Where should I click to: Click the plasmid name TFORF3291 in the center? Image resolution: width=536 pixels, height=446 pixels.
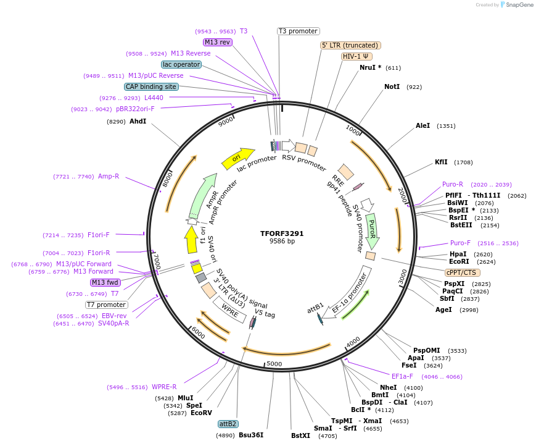point(281,234)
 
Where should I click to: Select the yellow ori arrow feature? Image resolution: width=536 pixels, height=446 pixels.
point(237,158)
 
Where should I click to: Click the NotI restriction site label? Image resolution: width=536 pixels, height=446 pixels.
point(392,87)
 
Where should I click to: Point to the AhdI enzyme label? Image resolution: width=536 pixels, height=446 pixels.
point(138,121)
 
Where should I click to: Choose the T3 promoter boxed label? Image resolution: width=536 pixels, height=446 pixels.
point(299,31)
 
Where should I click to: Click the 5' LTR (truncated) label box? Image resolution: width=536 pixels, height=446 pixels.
point(350,45)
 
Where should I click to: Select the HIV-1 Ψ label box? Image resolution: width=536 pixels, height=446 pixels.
point(357,56)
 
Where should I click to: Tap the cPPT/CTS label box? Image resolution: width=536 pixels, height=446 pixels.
point(462,272)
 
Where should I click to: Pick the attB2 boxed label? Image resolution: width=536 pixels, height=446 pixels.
point(228,424)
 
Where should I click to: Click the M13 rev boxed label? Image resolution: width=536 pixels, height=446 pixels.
point(217,42)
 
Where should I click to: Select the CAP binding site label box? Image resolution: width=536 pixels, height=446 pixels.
point(151,86)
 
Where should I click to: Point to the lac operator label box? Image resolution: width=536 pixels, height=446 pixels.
point(181,64)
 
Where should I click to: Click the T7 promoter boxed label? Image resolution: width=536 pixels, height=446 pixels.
point(107,305)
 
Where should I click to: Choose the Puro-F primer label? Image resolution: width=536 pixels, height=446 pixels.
point(460,243)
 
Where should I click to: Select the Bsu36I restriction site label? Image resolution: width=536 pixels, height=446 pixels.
point(251,435)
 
